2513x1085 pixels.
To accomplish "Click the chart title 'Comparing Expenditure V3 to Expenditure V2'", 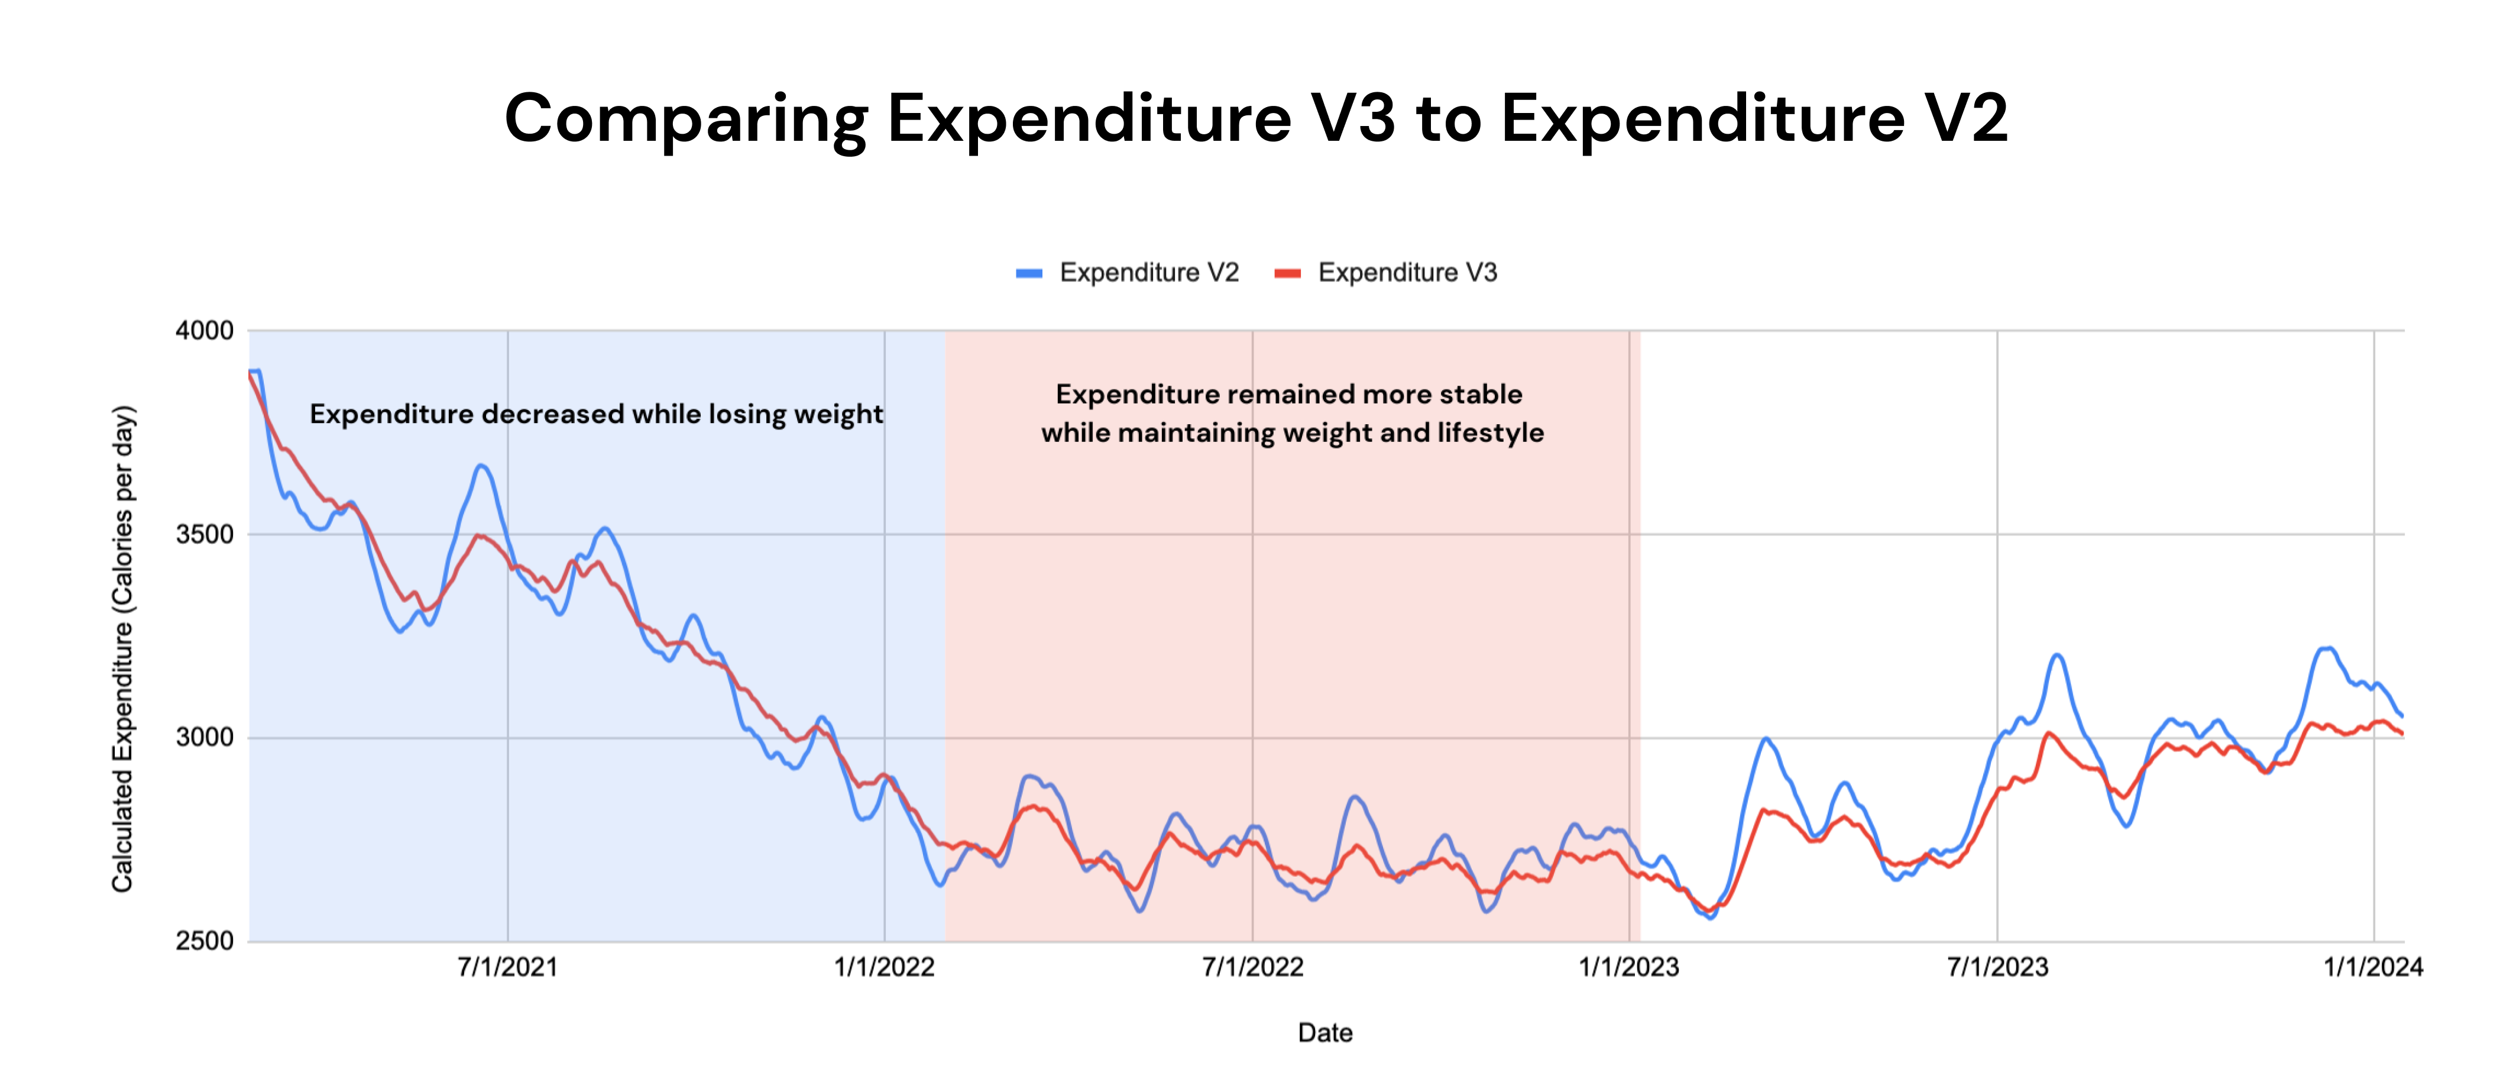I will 1255,118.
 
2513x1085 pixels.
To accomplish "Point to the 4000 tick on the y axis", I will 204,331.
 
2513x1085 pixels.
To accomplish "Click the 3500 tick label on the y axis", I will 204,535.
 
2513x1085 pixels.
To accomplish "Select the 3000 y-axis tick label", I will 204,738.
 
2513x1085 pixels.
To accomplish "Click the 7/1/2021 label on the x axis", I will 507,968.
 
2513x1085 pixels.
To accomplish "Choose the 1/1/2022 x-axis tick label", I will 884,968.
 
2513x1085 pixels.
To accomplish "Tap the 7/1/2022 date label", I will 1252,968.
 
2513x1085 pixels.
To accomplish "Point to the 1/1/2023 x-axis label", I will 1628,968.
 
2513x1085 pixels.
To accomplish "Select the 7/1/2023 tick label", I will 1997,968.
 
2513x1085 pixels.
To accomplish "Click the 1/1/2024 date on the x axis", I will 2372,968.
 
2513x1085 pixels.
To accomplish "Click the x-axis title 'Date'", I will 1324,1034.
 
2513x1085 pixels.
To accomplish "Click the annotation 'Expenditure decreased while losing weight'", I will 596,415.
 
